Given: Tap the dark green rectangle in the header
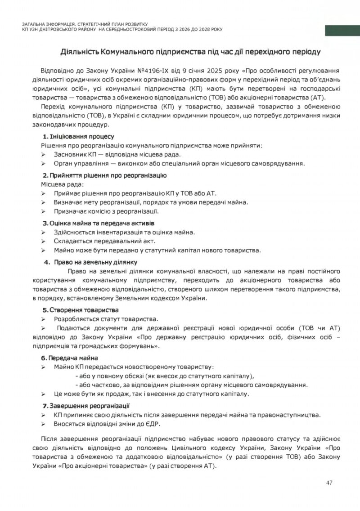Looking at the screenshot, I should [x=342, y=31].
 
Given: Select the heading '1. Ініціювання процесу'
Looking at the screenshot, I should [x=78, y=136].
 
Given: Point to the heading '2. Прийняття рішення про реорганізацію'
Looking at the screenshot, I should [x=104, y=175].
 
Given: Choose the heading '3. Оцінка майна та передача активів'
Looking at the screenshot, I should [x=99, y=223].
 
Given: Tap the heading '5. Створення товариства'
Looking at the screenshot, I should [x=81, y=310].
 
